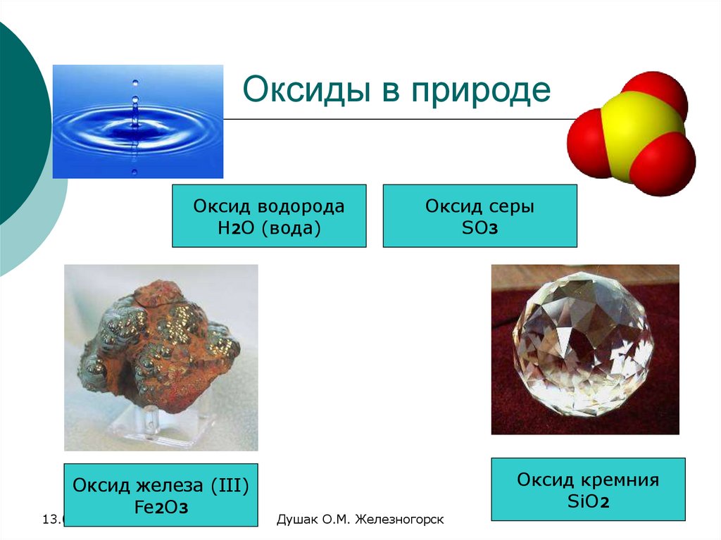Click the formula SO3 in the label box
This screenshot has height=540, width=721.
(x=479, y=228)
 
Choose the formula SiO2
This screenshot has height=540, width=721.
(x=588, y=501)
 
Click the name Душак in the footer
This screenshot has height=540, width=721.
(x=294, y=520)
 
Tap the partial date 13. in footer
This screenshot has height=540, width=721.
(x=52, y=520)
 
